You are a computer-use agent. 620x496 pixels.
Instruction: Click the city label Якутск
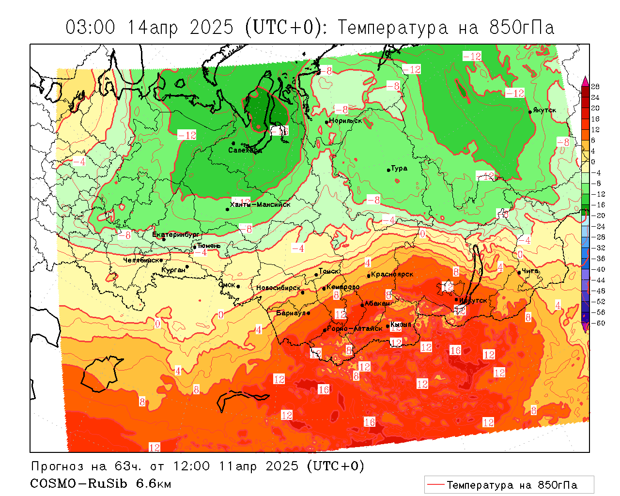click(544, 110)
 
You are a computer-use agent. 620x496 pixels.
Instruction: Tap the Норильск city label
click(345, 121)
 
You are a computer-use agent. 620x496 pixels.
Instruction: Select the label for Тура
click(399, 168)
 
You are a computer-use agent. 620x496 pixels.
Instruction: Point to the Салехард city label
click(245, 150)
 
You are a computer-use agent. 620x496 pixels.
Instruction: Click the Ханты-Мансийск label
click(260, 204)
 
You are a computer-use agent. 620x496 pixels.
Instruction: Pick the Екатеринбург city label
click(175, 234)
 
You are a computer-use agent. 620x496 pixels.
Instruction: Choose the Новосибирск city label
click(278, 288)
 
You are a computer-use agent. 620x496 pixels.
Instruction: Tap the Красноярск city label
click(392, 274)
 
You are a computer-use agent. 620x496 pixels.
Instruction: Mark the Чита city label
click(530, 271)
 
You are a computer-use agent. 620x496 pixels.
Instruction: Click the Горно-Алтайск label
click(355, 328)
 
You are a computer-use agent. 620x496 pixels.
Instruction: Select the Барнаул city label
click(291, 313)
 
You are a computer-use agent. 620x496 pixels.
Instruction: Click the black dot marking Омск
click(238, 286)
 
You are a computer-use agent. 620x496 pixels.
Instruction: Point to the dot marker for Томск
click(316, 275)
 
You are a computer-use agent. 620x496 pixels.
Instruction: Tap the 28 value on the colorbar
click(595, 87)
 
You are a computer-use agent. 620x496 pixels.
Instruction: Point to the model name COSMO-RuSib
click(78, 483)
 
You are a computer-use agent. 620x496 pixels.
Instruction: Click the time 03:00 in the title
click(91, 27)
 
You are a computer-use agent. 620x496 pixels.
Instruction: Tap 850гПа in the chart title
click(522, 27)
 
